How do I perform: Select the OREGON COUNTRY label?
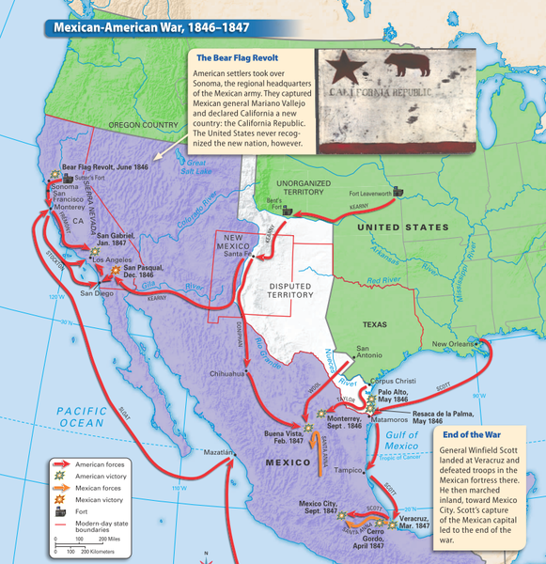click(x=143, y=124)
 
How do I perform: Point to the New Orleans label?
click(x=455, y=345)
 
